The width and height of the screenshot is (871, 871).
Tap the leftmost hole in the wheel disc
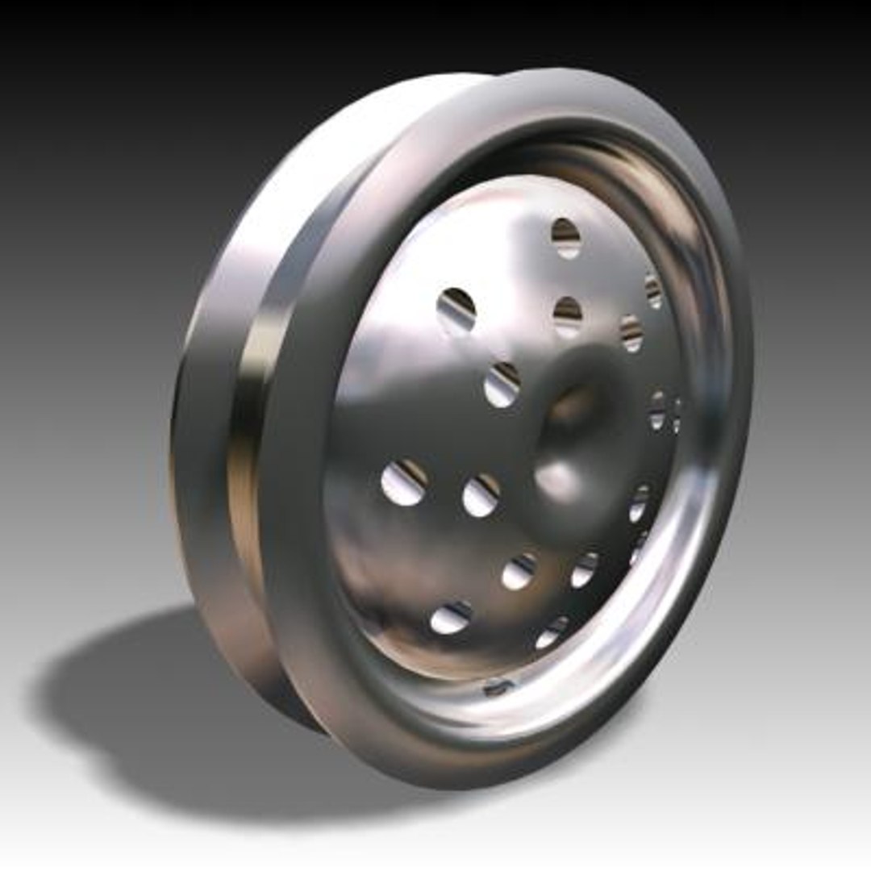tap(404, 483)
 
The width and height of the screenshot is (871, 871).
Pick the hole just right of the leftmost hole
tap(481, 495)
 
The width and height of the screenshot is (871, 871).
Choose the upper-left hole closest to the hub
tap(502, 385)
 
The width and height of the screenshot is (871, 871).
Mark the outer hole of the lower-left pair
tap(451, 618)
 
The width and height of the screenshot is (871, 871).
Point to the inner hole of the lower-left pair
tap(519, 572)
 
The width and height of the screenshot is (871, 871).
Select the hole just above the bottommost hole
tap(585, 569)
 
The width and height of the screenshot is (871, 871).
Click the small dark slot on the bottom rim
tap(498, 687)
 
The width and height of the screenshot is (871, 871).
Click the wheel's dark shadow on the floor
tap(161, 710)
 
